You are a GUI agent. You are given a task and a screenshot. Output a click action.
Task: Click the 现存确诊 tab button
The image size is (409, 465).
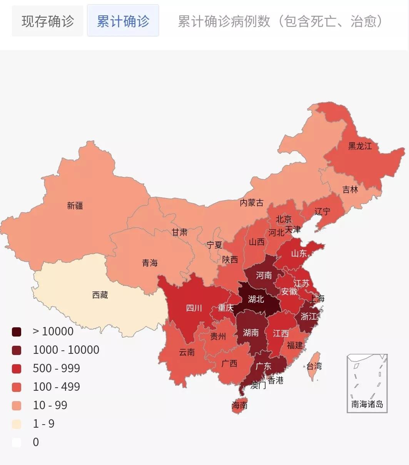pos(47,21)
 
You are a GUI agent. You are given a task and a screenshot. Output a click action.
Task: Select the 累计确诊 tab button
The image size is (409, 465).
pos(123,21)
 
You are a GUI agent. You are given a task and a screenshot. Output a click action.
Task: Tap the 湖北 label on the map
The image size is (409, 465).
pos(256,299)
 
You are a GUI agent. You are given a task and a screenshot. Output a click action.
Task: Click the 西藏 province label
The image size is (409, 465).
pos(100,295)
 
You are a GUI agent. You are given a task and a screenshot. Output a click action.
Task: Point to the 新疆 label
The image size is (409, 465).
pos(75,206)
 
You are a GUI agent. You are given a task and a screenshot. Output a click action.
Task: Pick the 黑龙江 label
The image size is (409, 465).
pos(360,146)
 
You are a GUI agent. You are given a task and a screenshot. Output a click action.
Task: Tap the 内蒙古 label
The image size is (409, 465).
pos(252,203)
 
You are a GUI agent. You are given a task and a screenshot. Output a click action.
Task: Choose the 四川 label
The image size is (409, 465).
pos(194,308)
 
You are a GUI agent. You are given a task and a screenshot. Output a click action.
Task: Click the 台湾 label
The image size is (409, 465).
pos(314,366)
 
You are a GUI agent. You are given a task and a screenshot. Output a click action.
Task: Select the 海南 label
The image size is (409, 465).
pos(239,405)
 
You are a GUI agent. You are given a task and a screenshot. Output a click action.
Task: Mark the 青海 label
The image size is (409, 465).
pos(150,263)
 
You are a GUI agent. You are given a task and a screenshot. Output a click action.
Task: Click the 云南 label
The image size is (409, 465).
pos(187,352)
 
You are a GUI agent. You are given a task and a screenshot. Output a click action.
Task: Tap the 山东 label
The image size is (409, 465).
pos(299,253)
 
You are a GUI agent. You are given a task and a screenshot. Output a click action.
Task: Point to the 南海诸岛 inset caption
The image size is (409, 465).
pos(367,404)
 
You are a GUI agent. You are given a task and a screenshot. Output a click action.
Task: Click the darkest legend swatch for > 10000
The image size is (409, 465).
pos(17,332)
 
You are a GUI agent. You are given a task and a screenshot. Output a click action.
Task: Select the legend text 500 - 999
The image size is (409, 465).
pos(57,368)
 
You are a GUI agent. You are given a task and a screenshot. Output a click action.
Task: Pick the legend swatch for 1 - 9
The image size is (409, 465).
pos(17,424)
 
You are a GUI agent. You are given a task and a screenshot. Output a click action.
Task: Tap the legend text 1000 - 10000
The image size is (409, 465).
pos(66,350)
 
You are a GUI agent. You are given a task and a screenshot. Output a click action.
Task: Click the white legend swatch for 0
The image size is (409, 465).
pos(17,442)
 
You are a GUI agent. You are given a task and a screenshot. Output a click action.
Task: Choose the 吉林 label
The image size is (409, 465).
pos(350,190)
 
